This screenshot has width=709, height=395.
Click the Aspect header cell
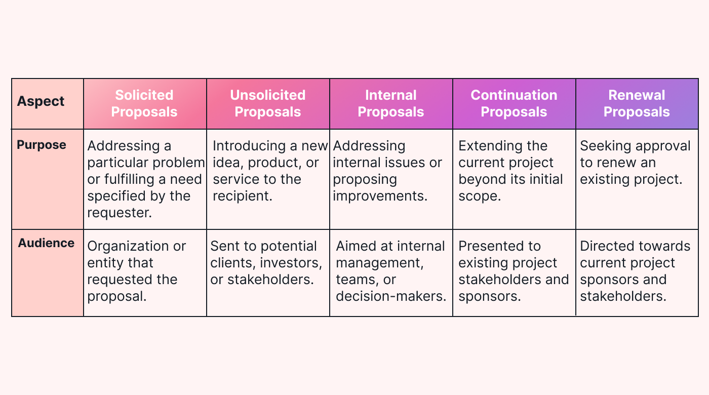point(41,101)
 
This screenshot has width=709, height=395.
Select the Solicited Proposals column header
point(144,103)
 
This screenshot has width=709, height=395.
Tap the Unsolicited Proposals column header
point(268,103)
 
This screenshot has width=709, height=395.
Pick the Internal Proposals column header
point(391,103)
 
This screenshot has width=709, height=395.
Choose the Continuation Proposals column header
point(514,103)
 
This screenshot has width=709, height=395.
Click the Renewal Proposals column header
point(637,103)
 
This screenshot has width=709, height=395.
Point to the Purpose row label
point(42,145)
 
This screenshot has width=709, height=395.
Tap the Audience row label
point(46,243)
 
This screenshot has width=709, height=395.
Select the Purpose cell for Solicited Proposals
point(145,179)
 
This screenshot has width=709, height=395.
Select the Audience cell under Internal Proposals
point(391,271)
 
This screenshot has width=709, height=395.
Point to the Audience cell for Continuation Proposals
point(514,271)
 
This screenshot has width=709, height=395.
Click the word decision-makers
point(391,296)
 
